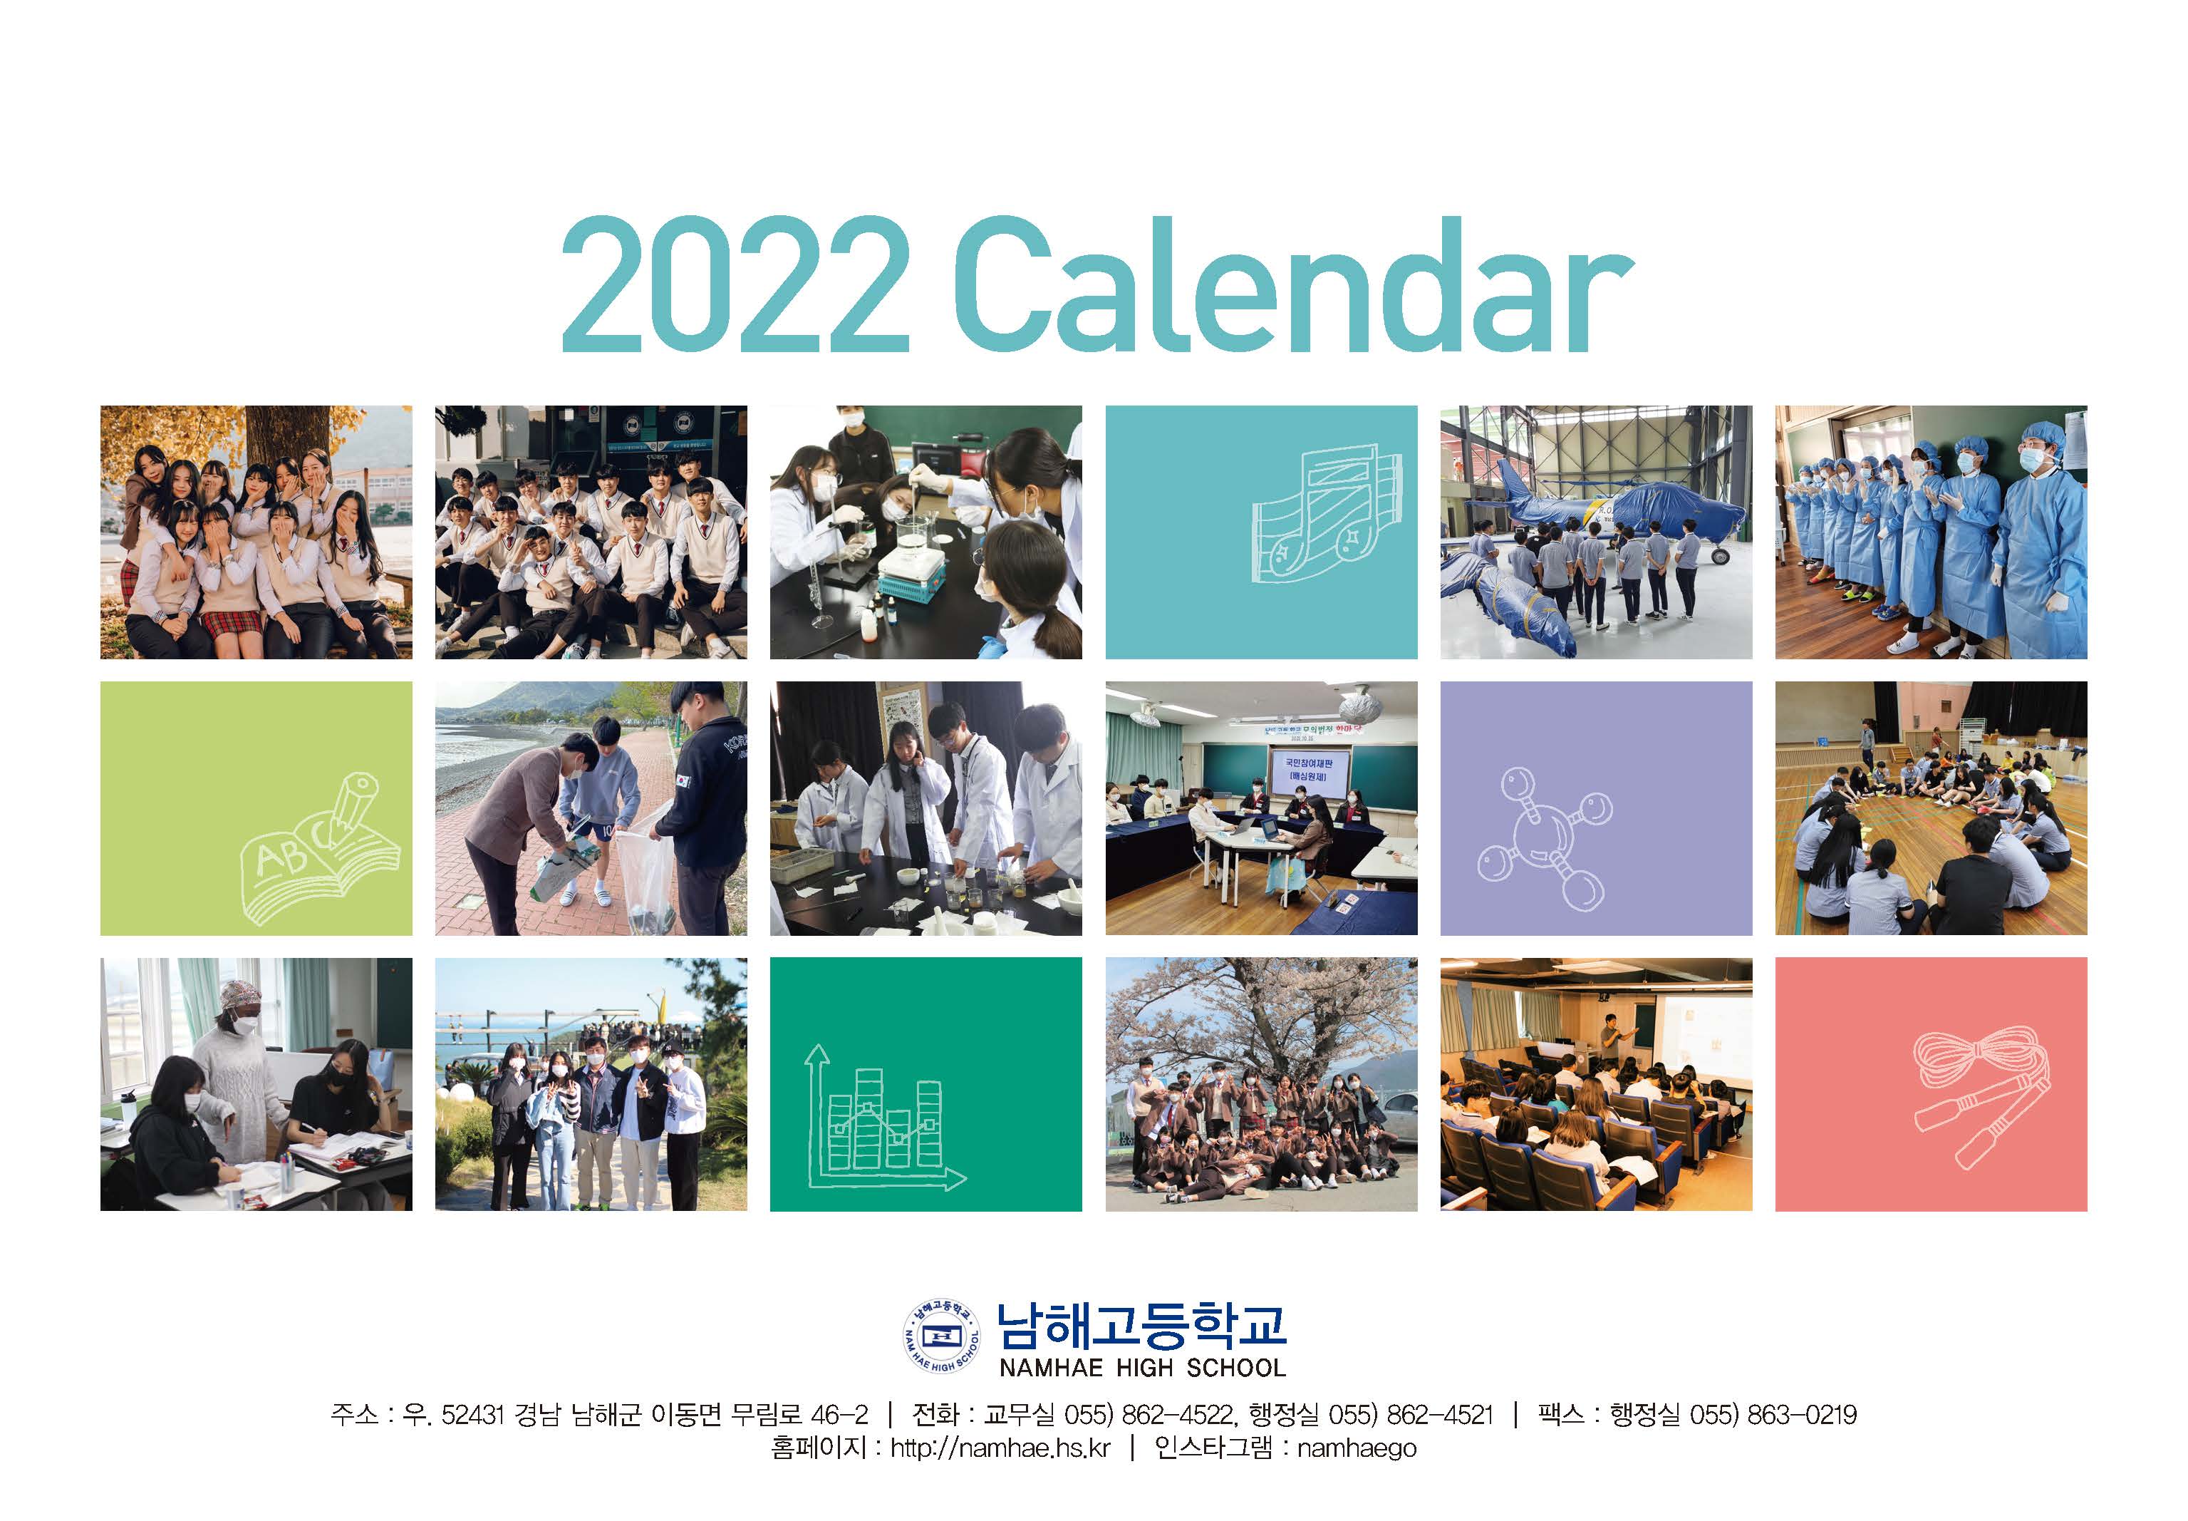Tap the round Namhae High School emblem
click(941, 1335)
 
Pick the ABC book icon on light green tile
click(319, 848)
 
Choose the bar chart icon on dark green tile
click(884, 1117)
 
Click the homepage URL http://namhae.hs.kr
click(1000, 1448)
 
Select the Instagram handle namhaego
click(1357, 1448)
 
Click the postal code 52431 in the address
click(472, 1414)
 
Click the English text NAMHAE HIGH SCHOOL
click(1142, 1368)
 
